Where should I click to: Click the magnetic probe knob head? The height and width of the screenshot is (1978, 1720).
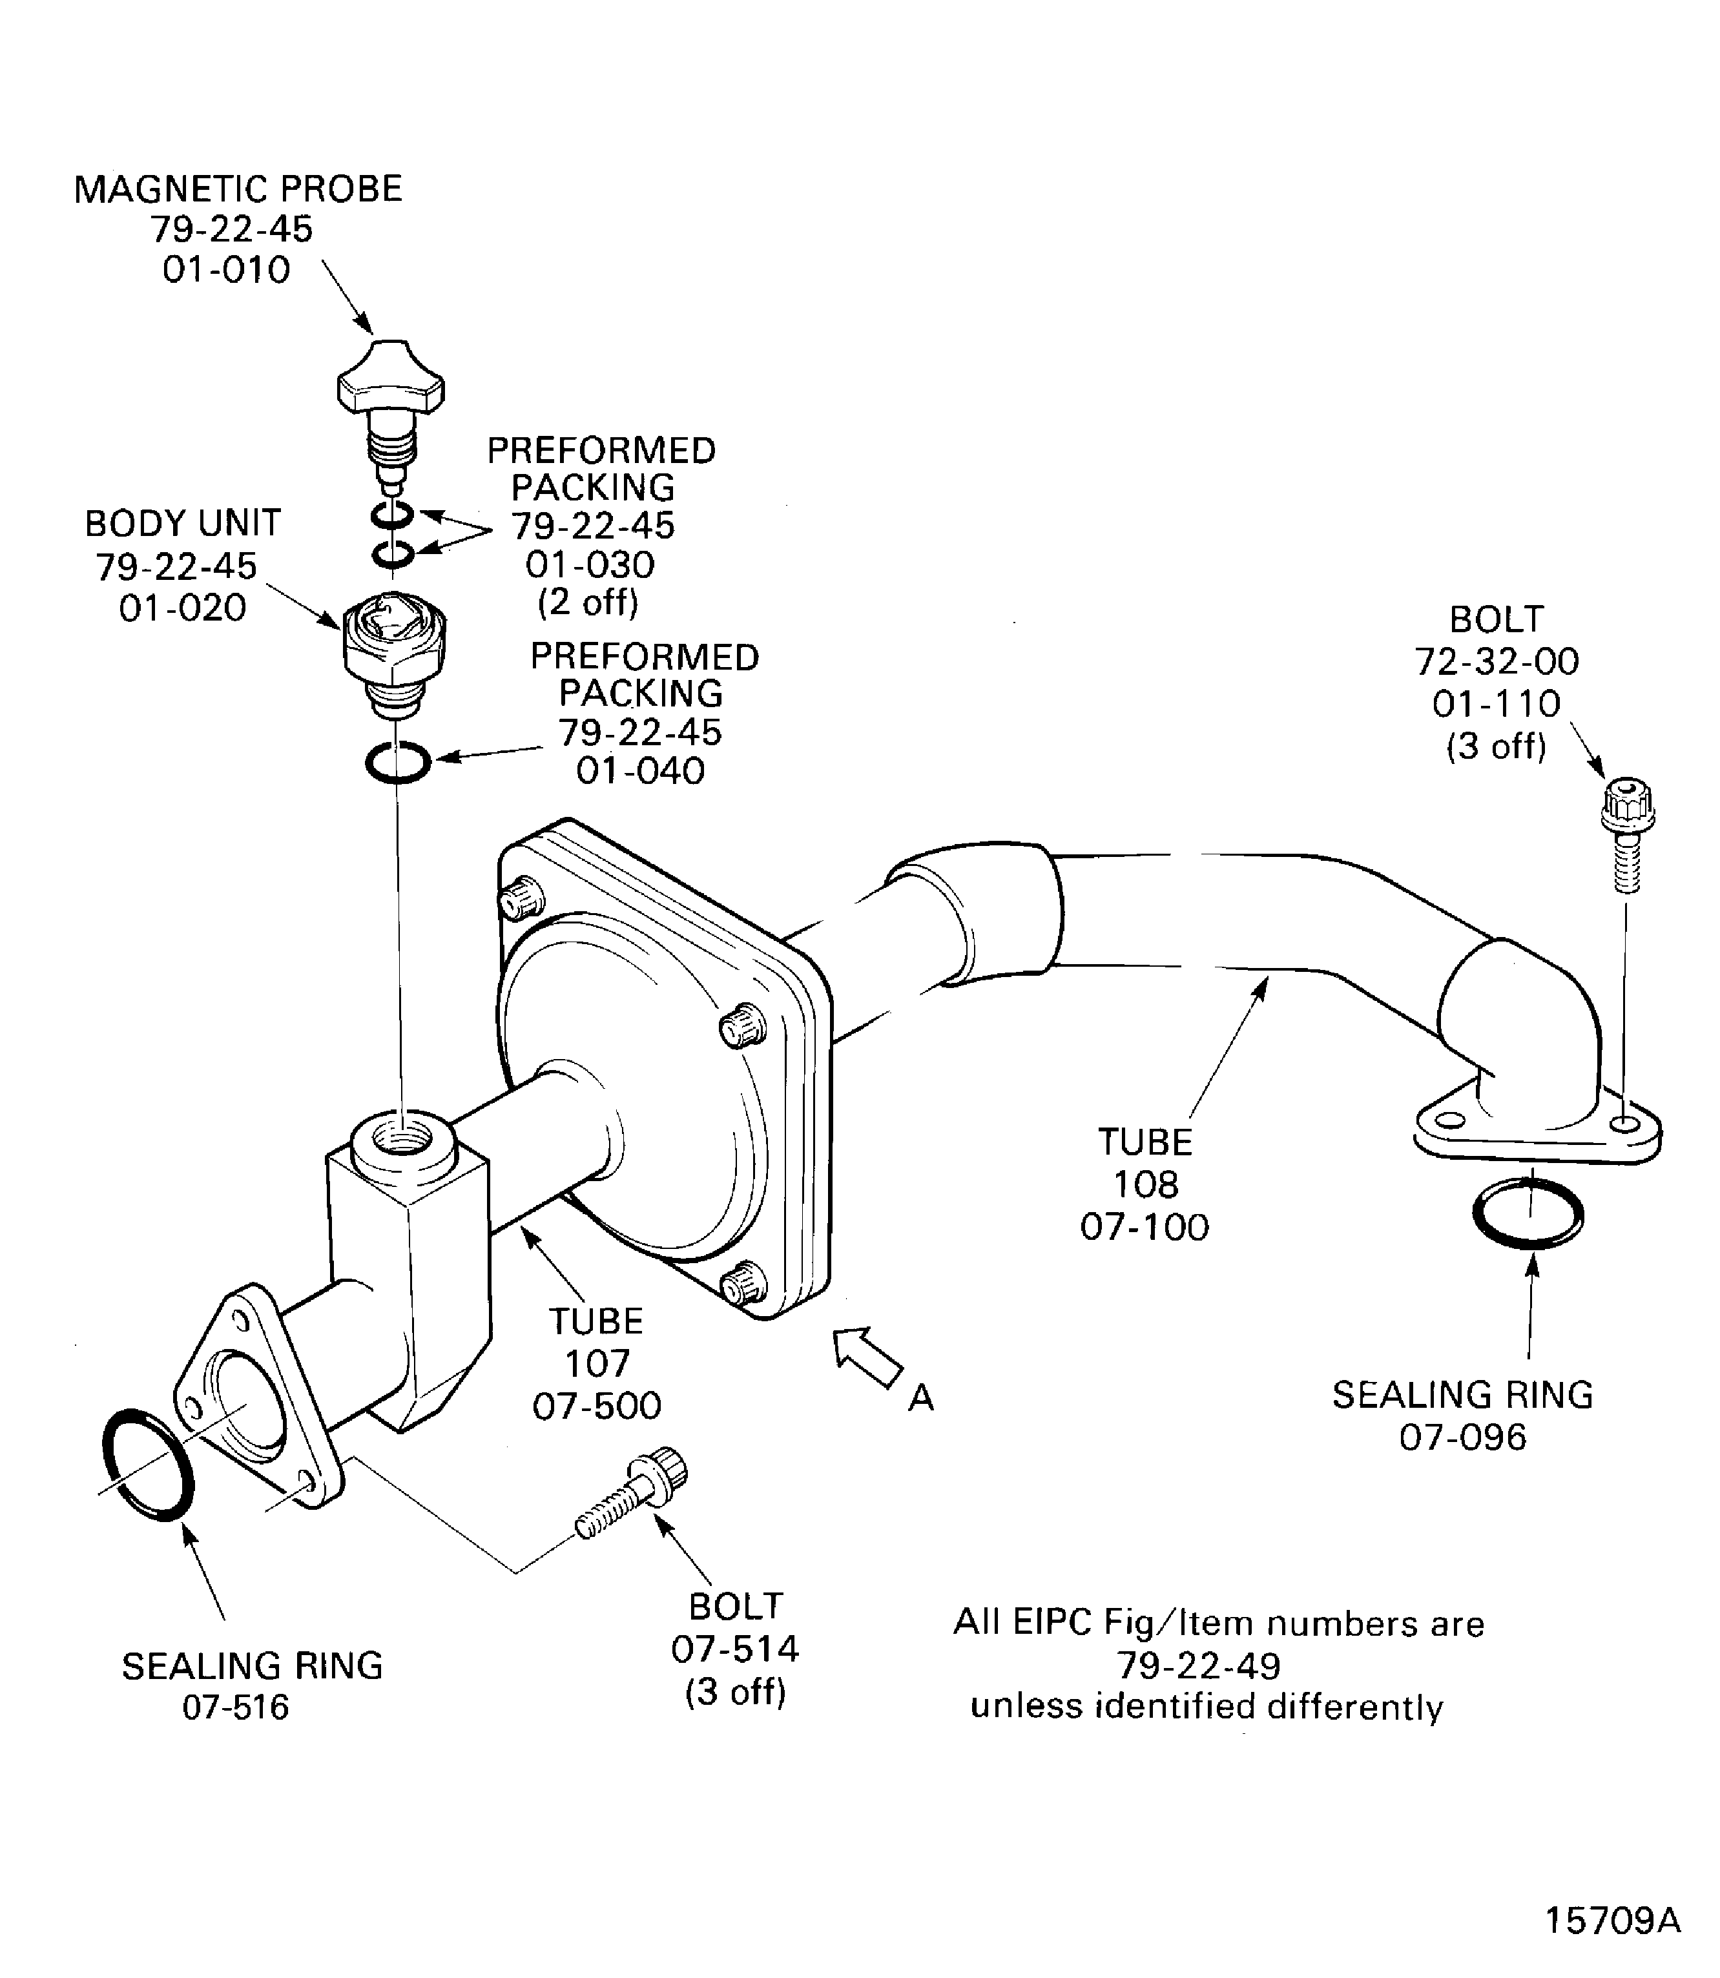(391, 383)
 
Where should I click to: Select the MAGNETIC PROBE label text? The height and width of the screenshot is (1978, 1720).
(238, 189)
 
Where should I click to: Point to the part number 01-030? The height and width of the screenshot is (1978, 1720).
(589, 564)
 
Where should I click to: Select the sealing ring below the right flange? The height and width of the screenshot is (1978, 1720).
(1528, 1213)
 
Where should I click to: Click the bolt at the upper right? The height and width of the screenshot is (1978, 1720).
(1626, 831)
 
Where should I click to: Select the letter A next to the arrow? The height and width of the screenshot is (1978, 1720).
(920, 1398)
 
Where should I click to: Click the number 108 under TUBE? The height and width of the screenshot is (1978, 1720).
(1145, 1184)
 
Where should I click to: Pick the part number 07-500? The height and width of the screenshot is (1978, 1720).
(597, 1406)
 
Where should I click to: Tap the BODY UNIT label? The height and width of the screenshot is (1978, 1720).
(182, 523)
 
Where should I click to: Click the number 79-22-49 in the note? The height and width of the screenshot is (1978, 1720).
(1198, 1665)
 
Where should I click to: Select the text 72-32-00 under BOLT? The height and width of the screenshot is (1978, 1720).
(1497, 661)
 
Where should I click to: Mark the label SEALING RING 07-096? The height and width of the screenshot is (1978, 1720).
(1462, 1415)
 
